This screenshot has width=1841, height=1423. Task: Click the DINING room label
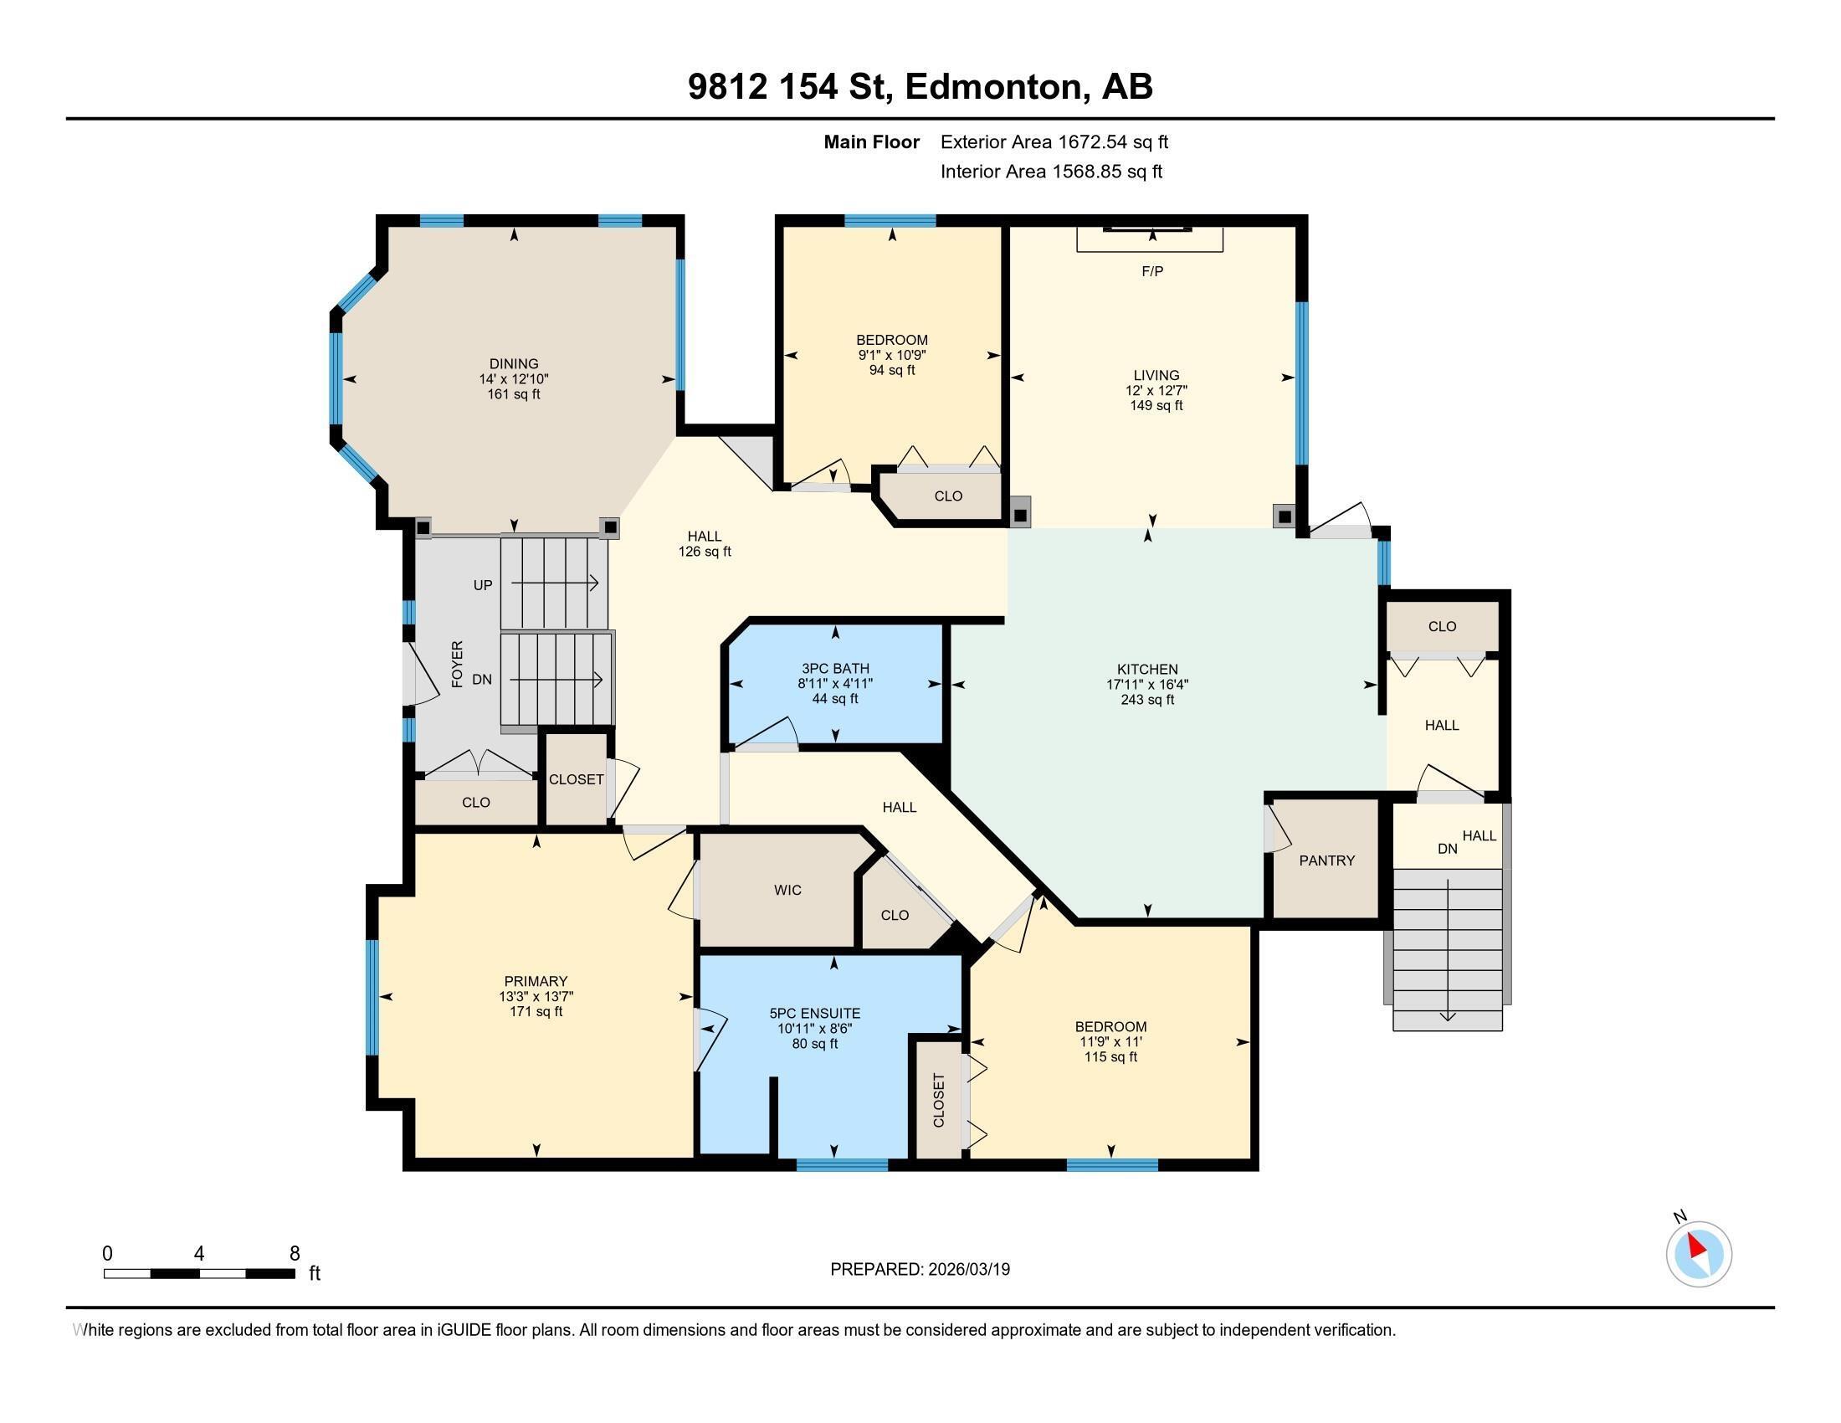click(513, 364)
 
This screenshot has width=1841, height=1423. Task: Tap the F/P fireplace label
click(1152, 271)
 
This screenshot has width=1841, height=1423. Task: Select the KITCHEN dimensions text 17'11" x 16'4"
click(1147, 686)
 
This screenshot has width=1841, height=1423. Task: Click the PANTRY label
click(1327, 860)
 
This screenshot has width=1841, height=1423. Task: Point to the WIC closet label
click(787, 891)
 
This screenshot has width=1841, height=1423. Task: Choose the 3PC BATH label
click(834, 669)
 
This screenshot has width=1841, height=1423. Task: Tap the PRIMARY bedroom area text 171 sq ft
click(536, 1012)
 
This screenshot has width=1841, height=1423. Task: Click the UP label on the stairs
click(482, 585)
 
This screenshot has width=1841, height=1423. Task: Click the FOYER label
click(457, 665)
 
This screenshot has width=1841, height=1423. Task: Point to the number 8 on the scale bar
click(295, 1254)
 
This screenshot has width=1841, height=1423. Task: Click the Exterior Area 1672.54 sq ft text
click(1054, 142)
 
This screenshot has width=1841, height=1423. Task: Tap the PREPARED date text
click(920, 1270)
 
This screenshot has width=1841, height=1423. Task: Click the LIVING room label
click(1156, 375)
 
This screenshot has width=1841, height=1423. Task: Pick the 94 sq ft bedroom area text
click(892, 370)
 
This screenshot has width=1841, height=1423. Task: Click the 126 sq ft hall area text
click(705, 552)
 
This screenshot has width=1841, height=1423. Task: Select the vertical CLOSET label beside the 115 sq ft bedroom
click(939, 1100)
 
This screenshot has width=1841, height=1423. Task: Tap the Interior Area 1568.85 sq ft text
click(1051, 172)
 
